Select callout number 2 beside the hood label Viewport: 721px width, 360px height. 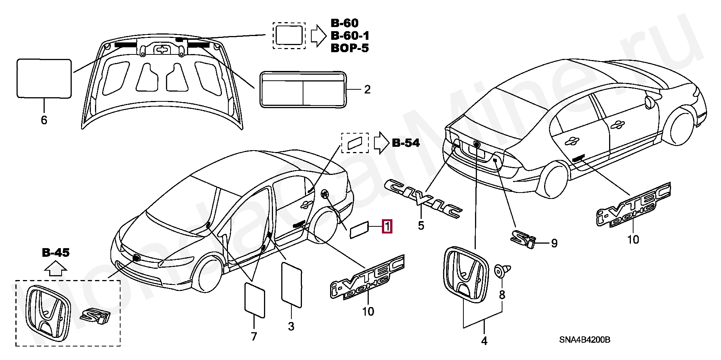pos(367,89)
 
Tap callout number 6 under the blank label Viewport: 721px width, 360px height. pos(44,120)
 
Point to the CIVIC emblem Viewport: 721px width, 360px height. pos(424,199)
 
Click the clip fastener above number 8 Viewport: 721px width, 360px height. pos(502,272)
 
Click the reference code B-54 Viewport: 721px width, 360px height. pos(406,143)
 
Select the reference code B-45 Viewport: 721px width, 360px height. pos(56,253)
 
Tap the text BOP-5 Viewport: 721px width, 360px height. pos(349,48)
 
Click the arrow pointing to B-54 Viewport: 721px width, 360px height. pos(381,143)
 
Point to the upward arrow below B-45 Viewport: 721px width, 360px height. pos(56,268)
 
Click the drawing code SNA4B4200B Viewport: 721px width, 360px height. pos(584,340)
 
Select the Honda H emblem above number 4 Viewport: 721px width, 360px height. pos(466,274)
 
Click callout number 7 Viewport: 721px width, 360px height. pos(254,336)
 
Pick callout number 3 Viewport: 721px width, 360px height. pos(291,327)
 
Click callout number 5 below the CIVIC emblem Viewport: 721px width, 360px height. pos(421,226)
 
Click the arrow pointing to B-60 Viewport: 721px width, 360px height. pos(319,35)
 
